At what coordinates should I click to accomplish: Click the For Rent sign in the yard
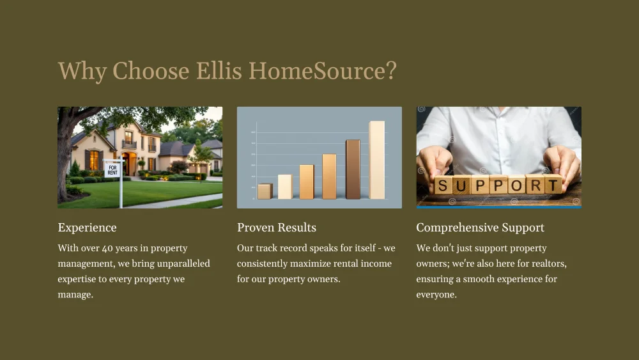tap(112, 169)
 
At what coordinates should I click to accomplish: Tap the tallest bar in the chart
tap(377, 160)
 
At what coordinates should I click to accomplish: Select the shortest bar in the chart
tap(265, 191)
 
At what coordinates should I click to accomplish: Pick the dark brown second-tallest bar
tap(353, 169)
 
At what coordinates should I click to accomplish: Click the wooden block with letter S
tap(443, 186)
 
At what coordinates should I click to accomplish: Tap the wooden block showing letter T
tap(553, 185)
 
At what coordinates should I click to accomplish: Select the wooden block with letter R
tap(535, 185)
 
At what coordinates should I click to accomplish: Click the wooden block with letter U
tap(461, 185)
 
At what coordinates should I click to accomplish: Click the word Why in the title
tap(82, 70)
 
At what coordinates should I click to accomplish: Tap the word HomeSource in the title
tap(316, 70)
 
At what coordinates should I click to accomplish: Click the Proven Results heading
tap(276, 228)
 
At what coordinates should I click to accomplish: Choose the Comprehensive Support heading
tap(480, 228)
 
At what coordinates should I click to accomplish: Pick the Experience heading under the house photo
tap(87, 228)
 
